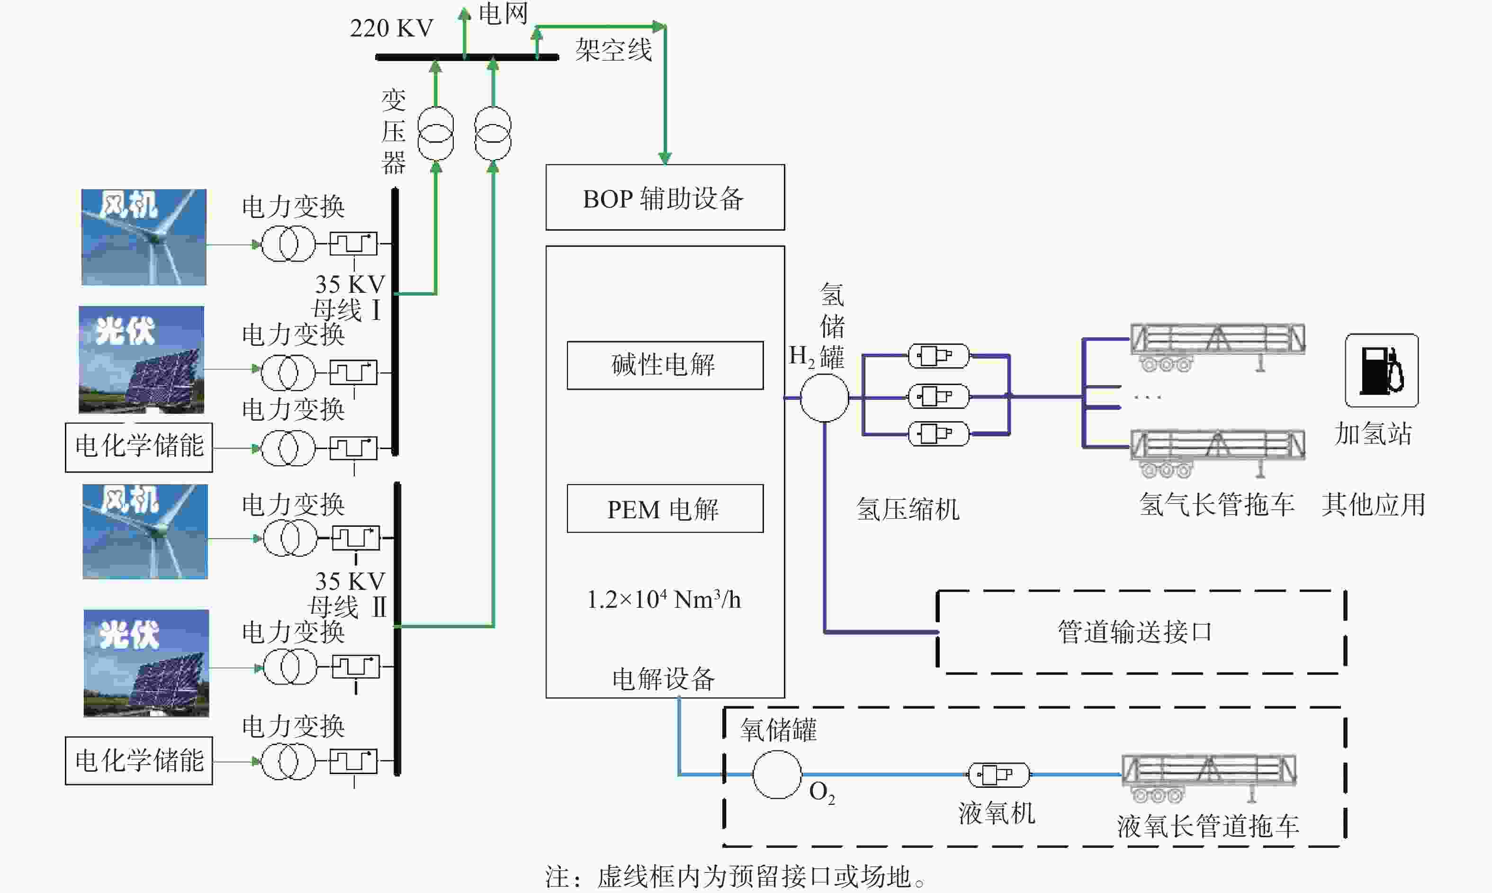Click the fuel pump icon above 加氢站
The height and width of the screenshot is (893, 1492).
[x=1381, y=370]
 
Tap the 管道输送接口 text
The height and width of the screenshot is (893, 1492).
[x=1135, y=632]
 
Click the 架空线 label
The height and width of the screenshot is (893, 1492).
[x=613, y=49]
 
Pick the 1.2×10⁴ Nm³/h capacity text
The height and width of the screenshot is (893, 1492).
[x=664, y=599]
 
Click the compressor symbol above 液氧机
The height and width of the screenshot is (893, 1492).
[x=998, y=775]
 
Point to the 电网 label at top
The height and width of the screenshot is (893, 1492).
[x=503, y=13]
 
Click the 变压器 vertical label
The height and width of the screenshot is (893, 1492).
[x=394, y=131]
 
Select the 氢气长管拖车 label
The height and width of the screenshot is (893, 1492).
[x=1216, y=504]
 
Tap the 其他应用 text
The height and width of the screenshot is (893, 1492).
[x=1374, y=504]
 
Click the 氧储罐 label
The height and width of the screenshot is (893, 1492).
[x=779, y=730]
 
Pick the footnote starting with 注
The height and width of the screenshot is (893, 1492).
[x=736, y=877]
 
